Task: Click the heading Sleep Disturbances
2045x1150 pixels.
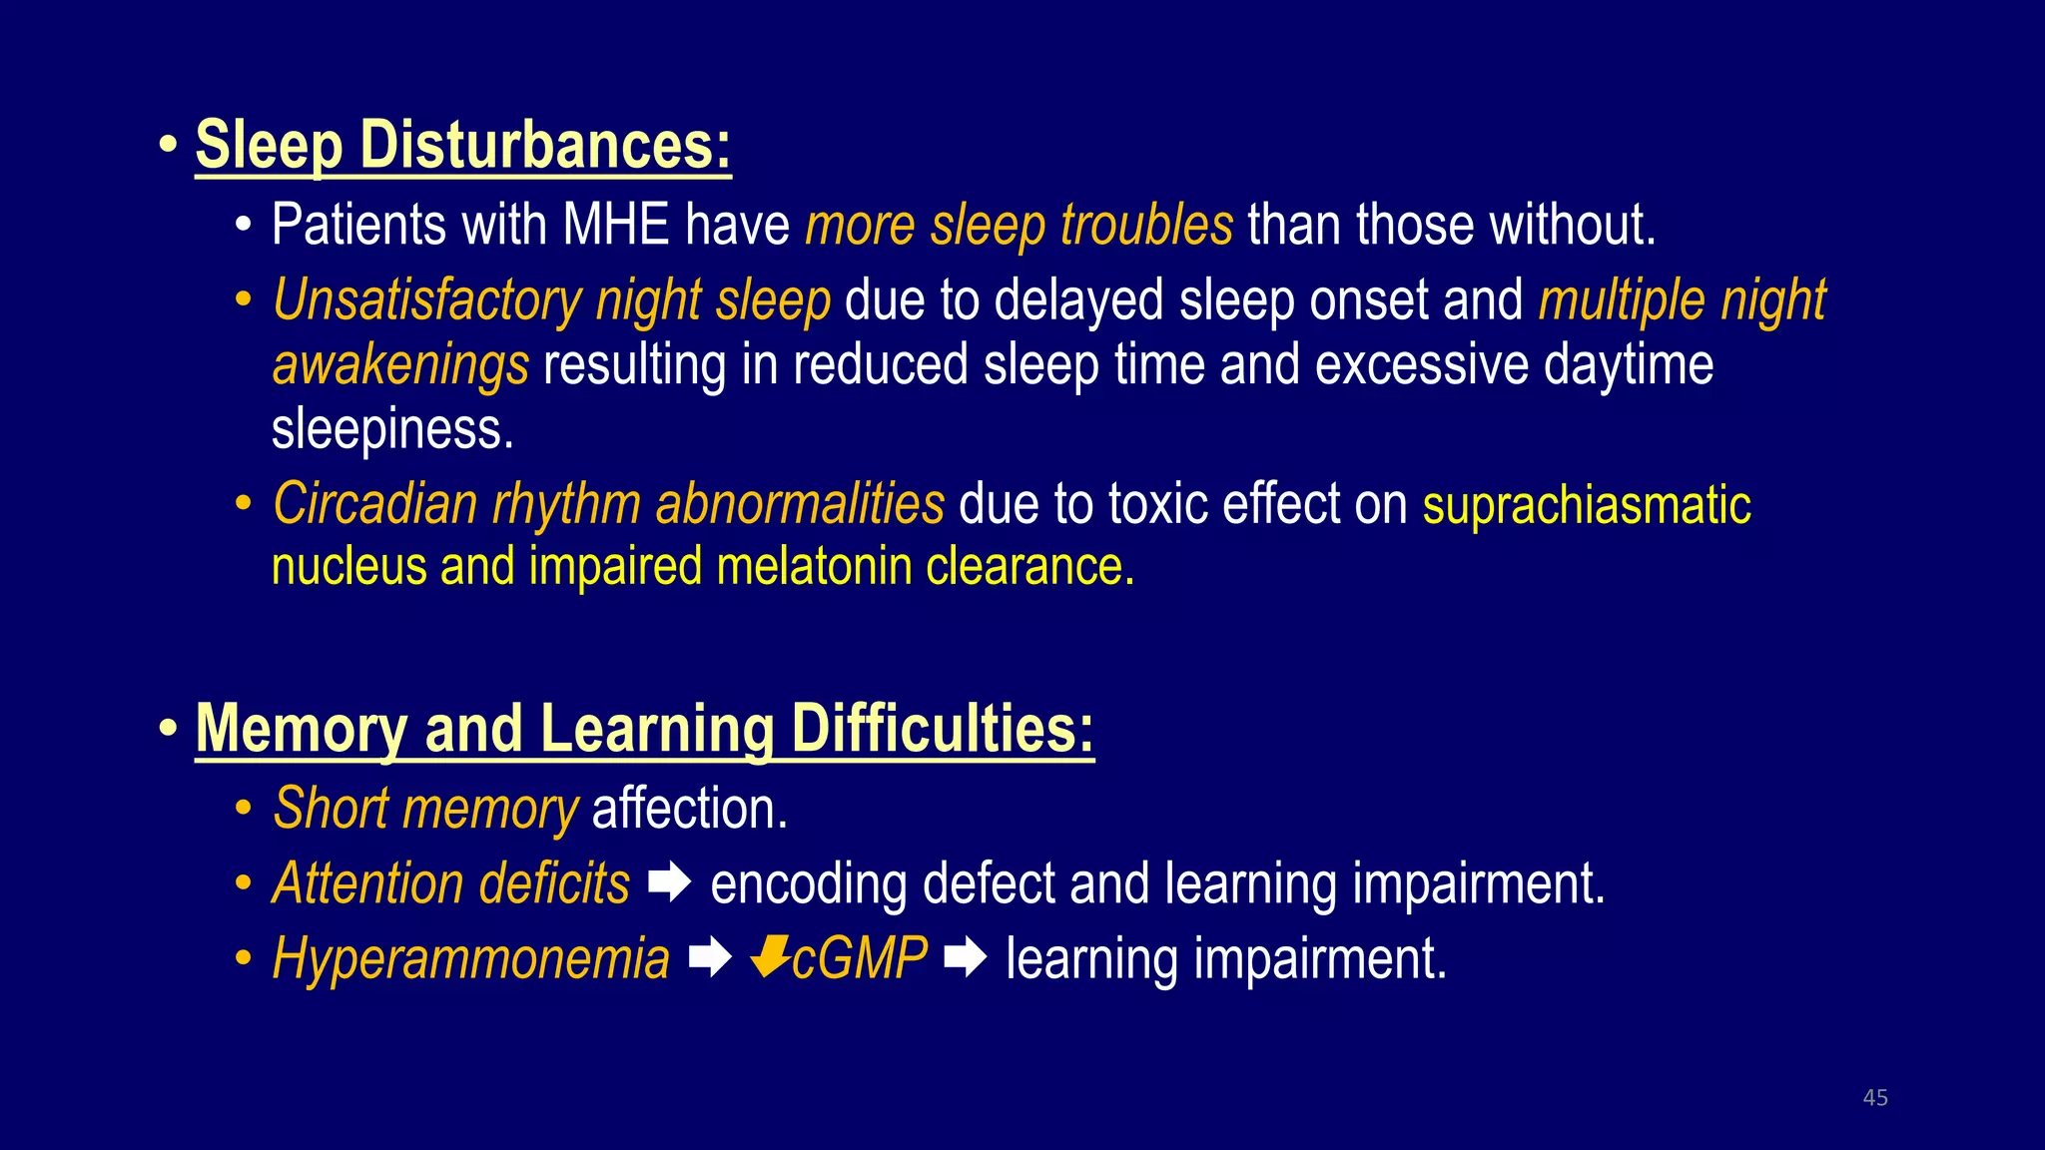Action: point(462,146)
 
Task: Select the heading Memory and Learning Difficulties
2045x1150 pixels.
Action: point(644,729)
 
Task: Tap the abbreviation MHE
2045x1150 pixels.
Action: point(615,226)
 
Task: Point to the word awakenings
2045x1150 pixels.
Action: point(399,365)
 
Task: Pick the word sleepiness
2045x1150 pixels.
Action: point(392,429)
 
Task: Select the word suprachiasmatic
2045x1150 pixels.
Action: point(1586,506)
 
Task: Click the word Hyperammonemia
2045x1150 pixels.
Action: point(470,959)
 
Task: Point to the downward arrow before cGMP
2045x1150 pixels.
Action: point(770,956)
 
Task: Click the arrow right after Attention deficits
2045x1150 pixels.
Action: point(669,882)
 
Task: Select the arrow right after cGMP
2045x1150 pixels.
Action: point(966,957)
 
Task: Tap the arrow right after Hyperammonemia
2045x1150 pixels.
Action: point(710,957)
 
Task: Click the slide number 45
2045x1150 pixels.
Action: point(1874,1098)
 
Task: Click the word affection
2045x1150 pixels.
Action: point(689,809)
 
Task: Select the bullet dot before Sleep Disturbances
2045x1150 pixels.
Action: point(168,146)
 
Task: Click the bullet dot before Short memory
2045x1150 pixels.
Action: point(244,809)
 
